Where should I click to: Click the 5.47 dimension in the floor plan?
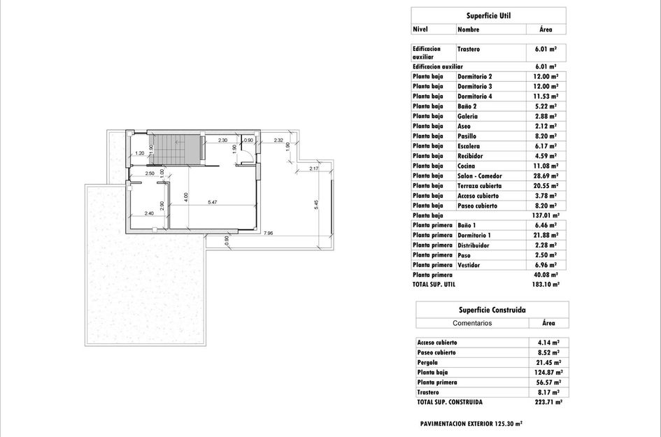coord(212,202)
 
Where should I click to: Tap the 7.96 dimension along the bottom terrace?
coord(268,233)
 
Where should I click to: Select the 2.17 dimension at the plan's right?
coord(313,169)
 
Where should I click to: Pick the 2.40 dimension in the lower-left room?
coord(148,213)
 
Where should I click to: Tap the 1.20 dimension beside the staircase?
coord(139,153)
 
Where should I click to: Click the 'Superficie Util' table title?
coord(488,15)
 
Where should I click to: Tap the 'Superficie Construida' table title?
coord(492,310)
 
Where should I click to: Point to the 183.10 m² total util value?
coord(544,285)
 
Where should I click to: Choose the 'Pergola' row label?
coord(427,363)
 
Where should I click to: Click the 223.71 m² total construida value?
coord(548,403)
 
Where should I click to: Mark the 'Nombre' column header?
coord(468,29)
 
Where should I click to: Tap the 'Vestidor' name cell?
coord(469,266)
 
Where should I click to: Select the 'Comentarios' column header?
coord(472,323)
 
